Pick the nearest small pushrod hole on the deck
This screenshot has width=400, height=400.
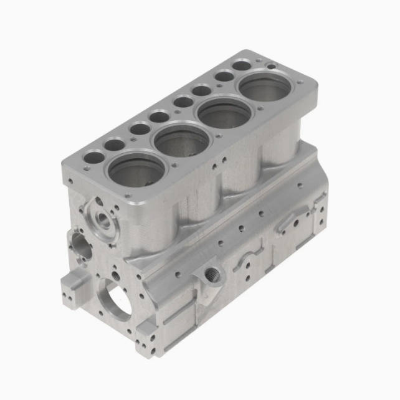pyautogui.click(x=93, y=158)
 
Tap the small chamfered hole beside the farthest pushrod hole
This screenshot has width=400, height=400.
pyautogui.click(x=271, y=65)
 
